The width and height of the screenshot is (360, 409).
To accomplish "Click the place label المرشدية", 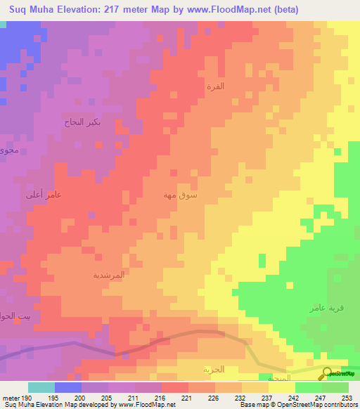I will [109, 275].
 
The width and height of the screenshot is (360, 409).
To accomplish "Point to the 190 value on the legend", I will [27, 398].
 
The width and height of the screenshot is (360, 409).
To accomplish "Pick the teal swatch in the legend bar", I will [41, 387].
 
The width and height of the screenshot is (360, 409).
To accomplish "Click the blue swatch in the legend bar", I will [67, 387].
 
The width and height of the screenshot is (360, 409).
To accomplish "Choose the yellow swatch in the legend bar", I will [281, 387].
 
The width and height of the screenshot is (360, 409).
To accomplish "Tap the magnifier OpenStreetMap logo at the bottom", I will [327, 375].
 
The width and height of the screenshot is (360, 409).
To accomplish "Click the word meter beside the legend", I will [10, 398].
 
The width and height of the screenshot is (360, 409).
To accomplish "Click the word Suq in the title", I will [19, 10].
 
